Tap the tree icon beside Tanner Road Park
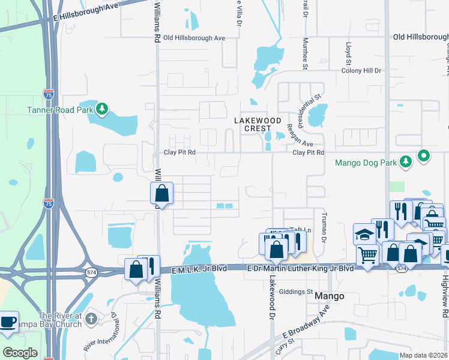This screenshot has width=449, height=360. point(103,109)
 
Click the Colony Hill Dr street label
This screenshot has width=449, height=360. point(361,71)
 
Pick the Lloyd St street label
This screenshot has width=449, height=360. point(348,53)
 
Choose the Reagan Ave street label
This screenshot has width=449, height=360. point(298,136)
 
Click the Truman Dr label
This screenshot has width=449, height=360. point(323,229)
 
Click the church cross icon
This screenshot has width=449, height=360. point(91,317)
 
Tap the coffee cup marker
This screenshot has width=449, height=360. point(8,321)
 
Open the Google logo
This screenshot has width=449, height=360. point(20,353)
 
